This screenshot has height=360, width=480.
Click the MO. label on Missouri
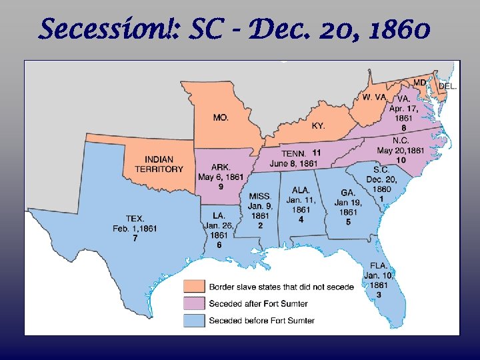221,117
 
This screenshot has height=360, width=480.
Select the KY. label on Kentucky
319,126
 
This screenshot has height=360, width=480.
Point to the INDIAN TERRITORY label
159,164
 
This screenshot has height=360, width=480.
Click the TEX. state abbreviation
135,219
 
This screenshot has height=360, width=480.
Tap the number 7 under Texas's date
135,238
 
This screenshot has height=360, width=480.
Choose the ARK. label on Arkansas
221,167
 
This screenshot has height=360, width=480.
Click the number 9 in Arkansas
221,186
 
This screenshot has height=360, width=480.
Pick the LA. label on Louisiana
219,215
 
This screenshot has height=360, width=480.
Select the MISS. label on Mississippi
259,197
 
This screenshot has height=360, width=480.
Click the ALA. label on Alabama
301,190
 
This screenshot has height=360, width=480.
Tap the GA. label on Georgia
348,193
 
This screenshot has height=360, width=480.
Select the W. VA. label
374,97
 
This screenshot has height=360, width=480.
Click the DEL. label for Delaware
447,87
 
